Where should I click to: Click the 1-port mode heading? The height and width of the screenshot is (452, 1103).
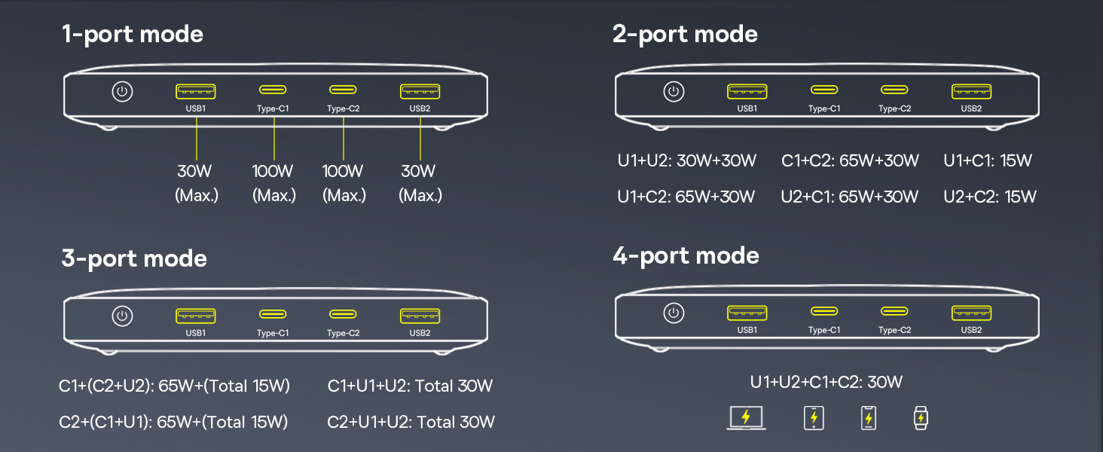pyautogui.click(x=133, y=35)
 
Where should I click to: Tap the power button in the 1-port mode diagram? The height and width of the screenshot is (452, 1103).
pyautogui.click(x=122, y=92)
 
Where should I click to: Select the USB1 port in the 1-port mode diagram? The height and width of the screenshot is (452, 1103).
pyautogui.click(x=196, y=92)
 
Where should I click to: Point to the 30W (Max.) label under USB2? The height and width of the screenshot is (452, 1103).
pyautogui.click(x=419, y=183)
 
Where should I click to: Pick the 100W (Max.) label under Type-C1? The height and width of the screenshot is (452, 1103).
pyautogui.click(x=273, y=183)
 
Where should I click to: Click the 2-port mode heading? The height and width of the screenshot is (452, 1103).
pyautogui.click(x=685, y=35)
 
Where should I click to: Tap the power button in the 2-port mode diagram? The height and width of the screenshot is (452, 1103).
pyautogui.click(x=674, y=92)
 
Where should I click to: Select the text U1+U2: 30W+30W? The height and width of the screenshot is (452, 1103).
pyautogui.click(x=686, y=160)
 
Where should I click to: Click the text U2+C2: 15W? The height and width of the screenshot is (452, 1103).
pyautogui.click(x=990, y=197)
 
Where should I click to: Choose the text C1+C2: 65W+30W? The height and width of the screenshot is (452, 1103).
pyautogui.click(x=850, y=160)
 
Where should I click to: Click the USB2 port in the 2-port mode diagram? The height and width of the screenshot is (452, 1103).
pyautogui.click(x=971, y=92)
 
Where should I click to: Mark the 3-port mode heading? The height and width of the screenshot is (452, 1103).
pyautogui.click(x=134, y=259)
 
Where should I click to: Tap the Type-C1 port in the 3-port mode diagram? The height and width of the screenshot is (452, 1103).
pyautogui.click(x=273, y=314)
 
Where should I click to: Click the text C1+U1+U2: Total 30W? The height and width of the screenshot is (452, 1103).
pyautogui.click(x=410, y=386)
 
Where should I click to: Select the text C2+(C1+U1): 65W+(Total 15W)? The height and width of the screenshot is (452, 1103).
pyautogui.click(x=173, y=422)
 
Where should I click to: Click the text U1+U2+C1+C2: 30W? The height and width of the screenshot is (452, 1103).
pyautogui.click(x=826, y=382)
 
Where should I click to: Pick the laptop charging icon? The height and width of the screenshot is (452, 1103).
pyautogui.click(x=746, y=417)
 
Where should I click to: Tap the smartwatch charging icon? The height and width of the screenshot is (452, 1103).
pyautogui.click(x=919, y=417)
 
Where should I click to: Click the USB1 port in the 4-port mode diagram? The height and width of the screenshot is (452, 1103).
pyautogui.click(x=747, y=313)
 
